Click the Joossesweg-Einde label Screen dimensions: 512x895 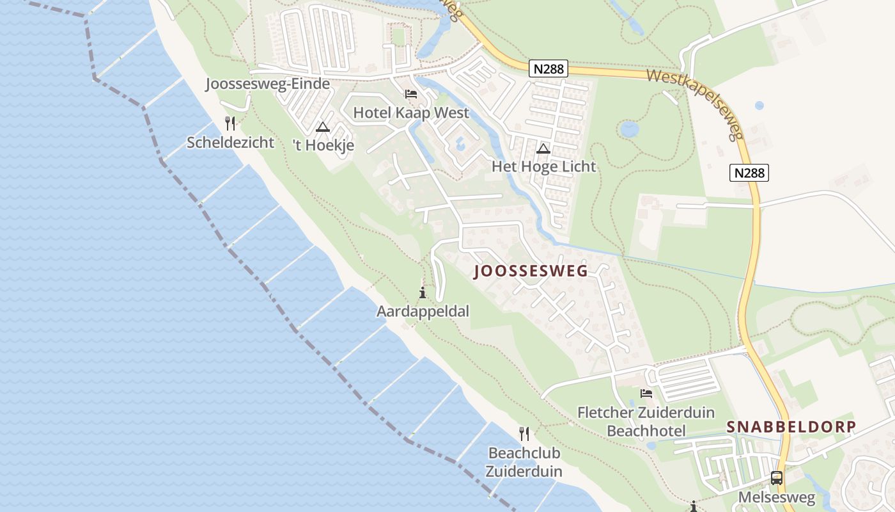(x=268, y=84)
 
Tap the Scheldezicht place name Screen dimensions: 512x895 (x=230, y=142)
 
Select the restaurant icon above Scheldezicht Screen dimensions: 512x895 (x=230, y=123)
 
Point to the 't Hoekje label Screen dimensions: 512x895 (x=323, y=145)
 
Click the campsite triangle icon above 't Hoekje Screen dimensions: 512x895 (x=322, y=127)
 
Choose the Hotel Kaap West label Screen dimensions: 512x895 (x=411, y=113)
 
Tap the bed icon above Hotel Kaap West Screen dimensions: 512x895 (x=411, y=94)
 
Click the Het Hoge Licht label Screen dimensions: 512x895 (x=543, y=166)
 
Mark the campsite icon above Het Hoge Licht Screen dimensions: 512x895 (x=543, y=149)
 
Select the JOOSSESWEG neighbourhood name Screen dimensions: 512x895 (x=531, y=271)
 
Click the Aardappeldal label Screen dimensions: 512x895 (x=423, y=312)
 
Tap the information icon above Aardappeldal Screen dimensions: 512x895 (x=423, y=293)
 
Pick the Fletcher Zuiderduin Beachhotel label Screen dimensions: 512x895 (x=646, y=421)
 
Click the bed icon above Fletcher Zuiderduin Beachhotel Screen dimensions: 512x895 (x=646, y=393)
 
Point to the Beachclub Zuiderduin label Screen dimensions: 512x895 (x=524, y=462)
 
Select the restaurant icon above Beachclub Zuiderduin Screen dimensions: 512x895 (x=524, y=434)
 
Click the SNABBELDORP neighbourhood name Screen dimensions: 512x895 (x=791, y=427)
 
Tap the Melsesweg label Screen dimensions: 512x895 (x=777, y=497)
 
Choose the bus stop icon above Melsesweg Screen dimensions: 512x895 (x=777, y=477)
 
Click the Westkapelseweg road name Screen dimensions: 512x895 (x=697, y=102)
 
